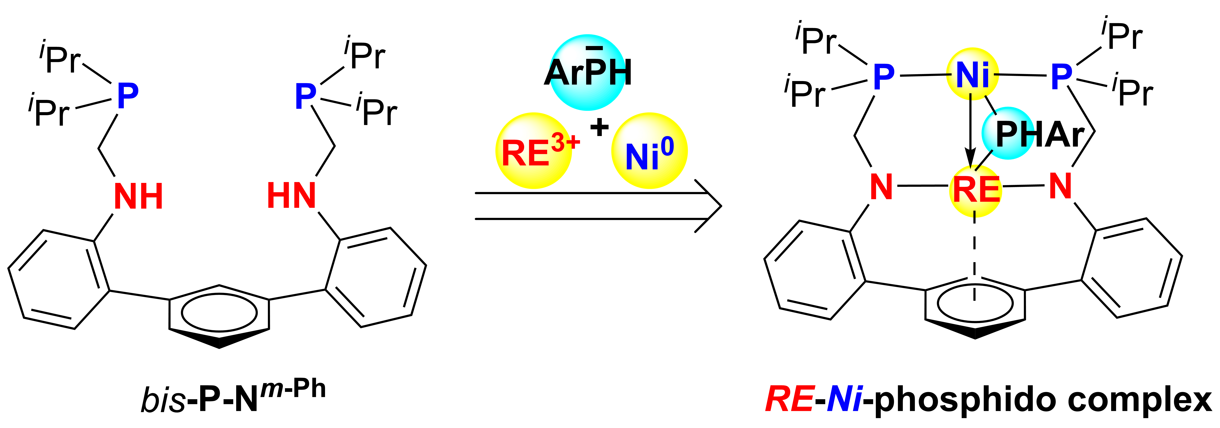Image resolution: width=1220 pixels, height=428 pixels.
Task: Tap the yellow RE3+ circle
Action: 534,151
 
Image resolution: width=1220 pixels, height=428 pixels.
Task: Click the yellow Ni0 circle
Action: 649,151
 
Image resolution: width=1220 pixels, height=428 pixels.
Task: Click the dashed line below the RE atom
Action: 974,256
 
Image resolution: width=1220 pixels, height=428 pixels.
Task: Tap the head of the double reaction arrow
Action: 709,206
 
